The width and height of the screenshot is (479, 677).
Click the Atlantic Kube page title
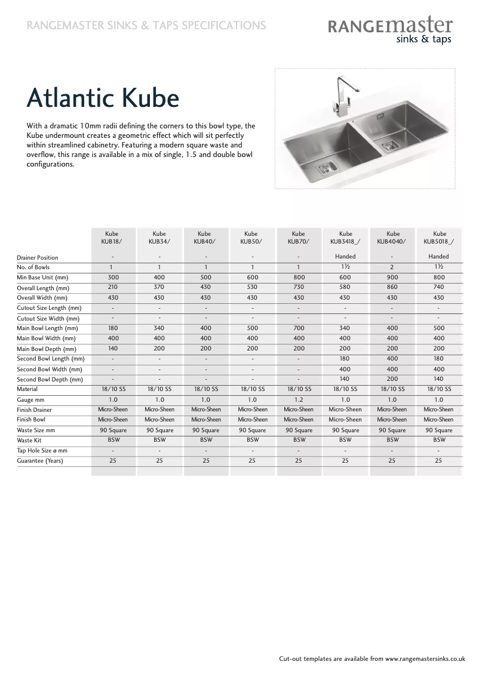tap(103, 98)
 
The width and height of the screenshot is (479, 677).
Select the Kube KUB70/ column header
tap(299, 238)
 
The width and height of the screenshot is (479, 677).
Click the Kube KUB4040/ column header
tap(392, 238)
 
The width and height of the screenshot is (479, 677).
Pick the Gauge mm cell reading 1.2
tap(299, 399)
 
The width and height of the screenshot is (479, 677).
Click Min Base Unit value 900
tap(392, 278)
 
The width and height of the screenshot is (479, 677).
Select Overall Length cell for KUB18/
tap(113, 287)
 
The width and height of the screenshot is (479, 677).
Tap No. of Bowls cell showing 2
tap(392, 267)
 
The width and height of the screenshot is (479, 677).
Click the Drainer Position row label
tap(38, 257)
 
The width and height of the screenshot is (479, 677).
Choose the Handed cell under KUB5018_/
tap(439, 257)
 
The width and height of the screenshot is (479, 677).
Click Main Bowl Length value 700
tap(299, 328)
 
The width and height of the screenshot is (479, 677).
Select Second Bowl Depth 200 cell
tap(392, 379)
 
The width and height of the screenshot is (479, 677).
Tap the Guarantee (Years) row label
tap(39, 461)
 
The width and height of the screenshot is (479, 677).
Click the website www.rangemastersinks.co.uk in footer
tap(425, 659)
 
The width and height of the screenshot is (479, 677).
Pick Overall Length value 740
tap(439, 287)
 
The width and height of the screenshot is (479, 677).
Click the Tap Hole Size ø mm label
tap(42, 451)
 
